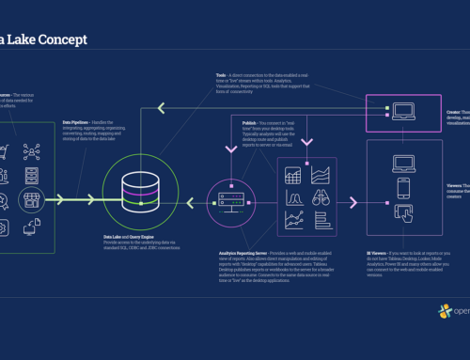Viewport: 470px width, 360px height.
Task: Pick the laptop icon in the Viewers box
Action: tap(404, 164)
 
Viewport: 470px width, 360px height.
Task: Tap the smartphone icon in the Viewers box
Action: tap(404, 188)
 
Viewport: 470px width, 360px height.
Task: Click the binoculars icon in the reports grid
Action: tap(321, 198)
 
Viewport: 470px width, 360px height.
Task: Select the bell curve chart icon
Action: tap(292, 198)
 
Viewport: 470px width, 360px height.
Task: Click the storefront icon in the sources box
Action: tap(31, 198)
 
